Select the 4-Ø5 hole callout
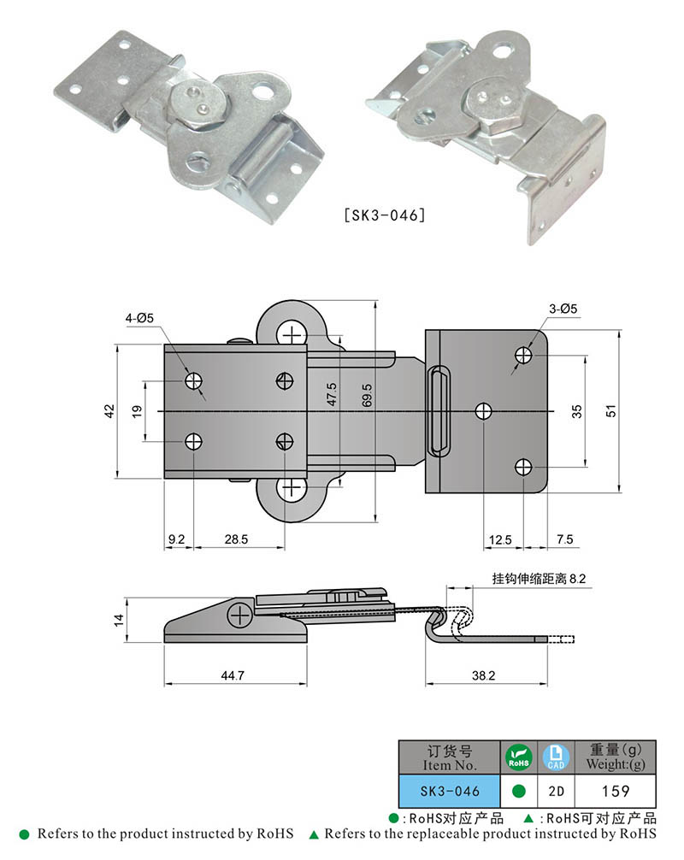(x=139, y=318)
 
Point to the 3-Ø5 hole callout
(x=564, y=309)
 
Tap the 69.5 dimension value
(x=365, y=399)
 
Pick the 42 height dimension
(x=109, y=411)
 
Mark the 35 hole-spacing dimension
(x=577, y=411)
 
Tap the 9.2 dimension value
(x=177, y=539)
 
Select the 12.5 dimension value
(x=502, y=539)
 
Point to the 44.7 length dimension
(x=233, y=675)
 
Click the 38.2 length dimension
(x=483, y=675)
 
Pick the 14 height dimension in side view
(x=119, y=618)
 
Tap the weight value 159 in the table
(x=616, y=791)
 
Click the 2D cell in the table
(x=555, y=791)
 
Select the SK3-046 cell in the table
(x=449, y=791)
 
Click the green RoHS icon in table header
(x=517, y=757)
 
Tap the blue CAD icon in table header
(x=555, y=757)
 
